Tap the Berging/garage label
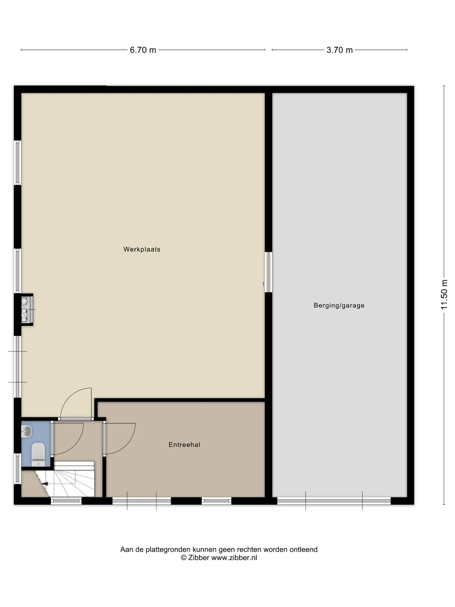339,305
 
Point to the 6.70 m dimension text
143,50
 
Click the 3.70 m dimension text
340,50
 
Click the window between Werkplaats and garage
268,272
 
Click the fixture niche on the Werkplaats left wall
27,310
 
